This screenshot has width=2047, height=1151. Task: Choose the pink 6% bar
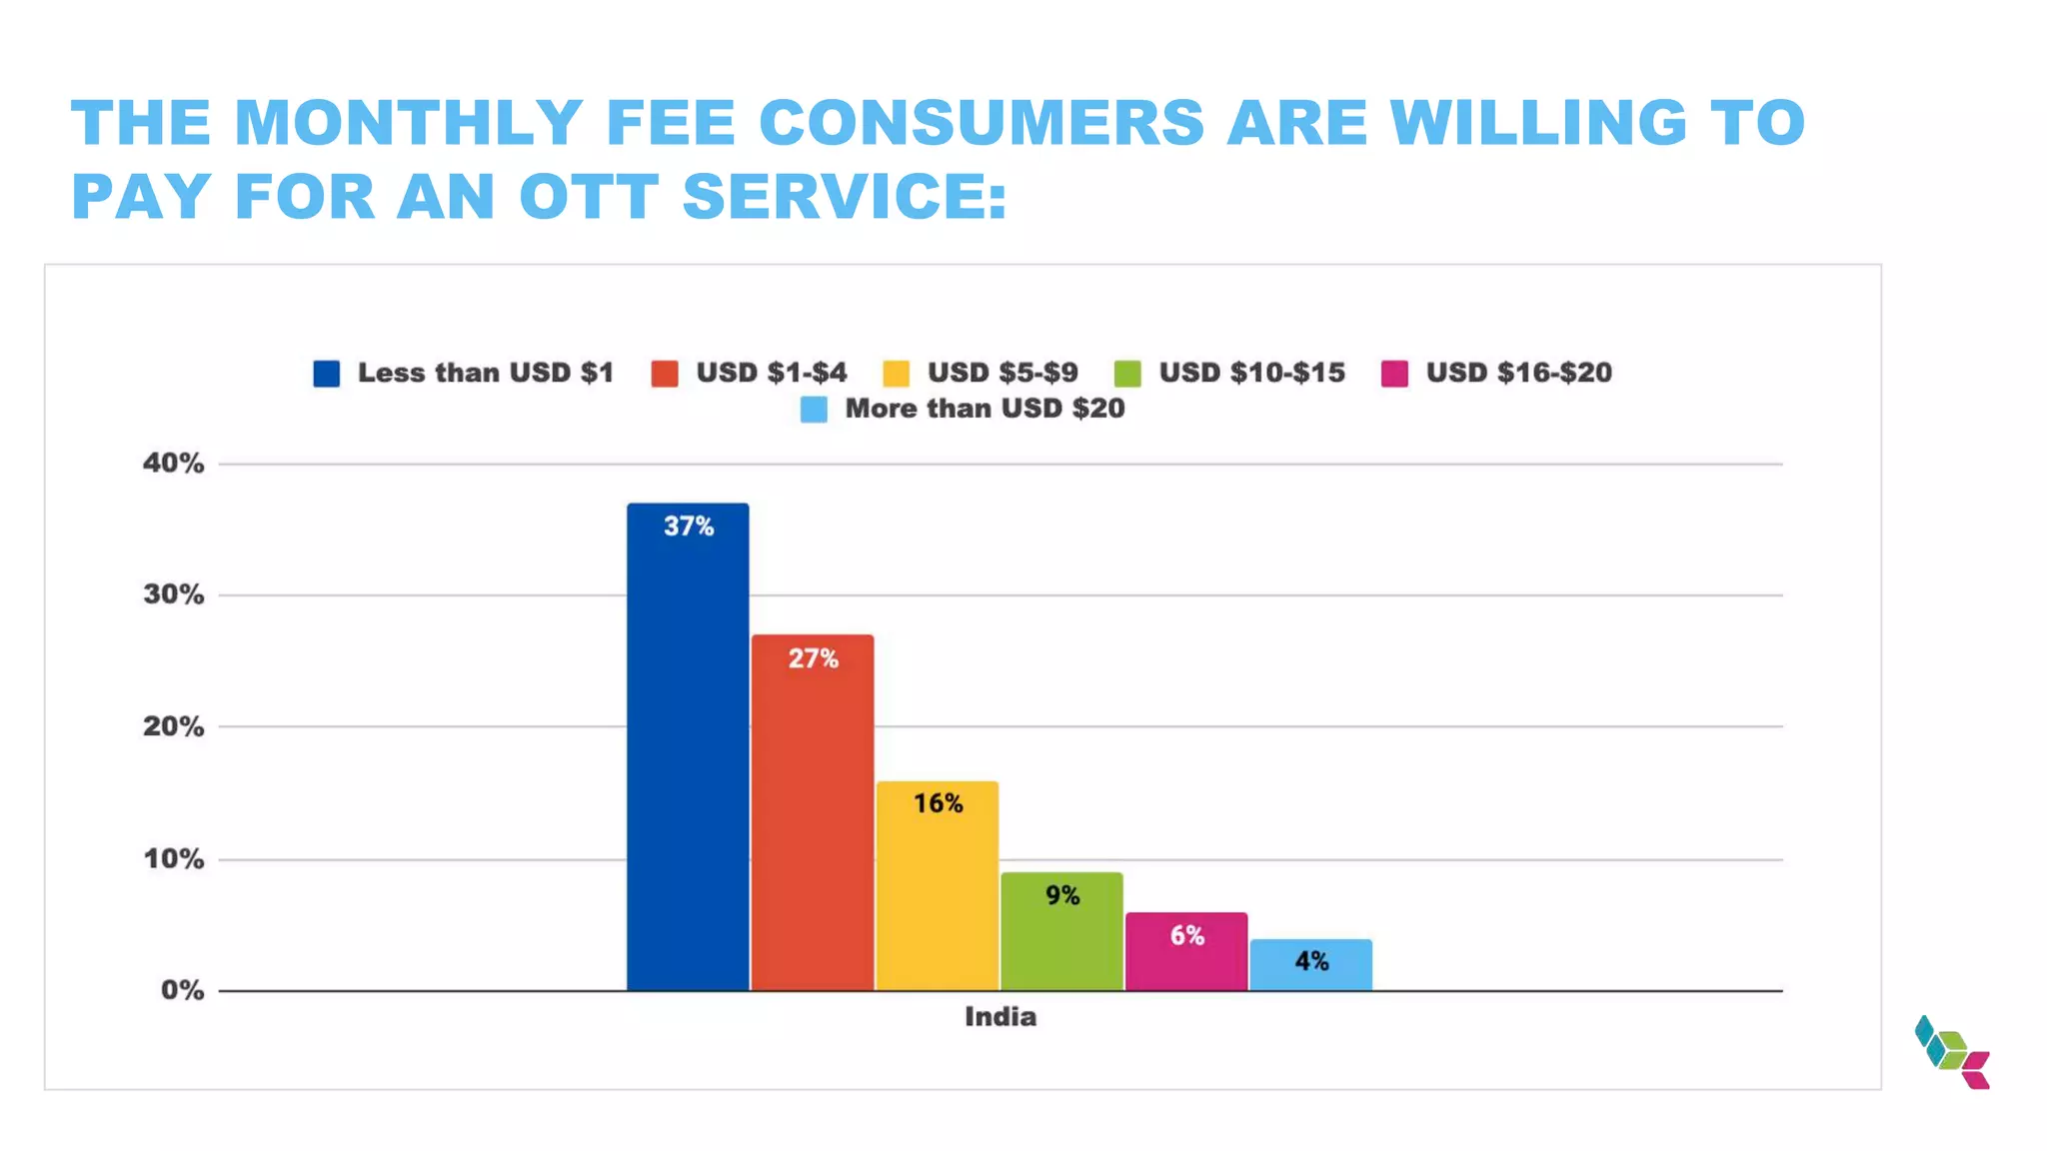click(x=1186, y=954)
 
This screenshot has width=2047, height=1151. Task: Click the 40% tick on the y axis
click(x=174, y=464)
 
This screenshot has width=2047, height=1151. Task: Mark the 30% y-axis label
click(x=174, y=595)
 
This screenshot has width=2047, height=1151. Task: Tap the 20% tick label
click(x=174, y=727)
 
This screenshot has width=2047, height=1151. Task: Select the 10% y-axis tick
click(x=174, y=859)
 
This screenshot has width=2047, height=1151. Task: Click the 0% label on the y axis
click(x=182, y=991)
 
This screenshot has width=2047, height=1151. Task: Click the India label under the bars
click(x=1001, y=1017)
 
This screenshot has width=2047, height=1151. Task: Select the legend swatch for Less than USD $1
click(x=327, y=374)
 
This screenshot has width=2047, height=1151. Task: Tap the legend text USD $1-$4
click(x=772, y=373)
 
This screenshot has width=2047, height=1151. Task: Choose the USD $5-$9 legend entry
click(x=1003, y=373)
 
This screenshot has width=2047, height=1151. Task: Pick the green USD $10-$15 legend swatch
click(x=1127, y=374)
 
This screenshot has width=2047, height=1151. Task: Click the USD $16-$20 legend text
click(x=1518, y=373)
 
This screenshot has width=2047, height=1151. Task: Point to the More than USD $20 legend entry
click(x=985, y=409)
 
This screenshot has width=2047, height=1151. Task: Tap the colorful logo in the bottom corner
click(x=1951, y=1052)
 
